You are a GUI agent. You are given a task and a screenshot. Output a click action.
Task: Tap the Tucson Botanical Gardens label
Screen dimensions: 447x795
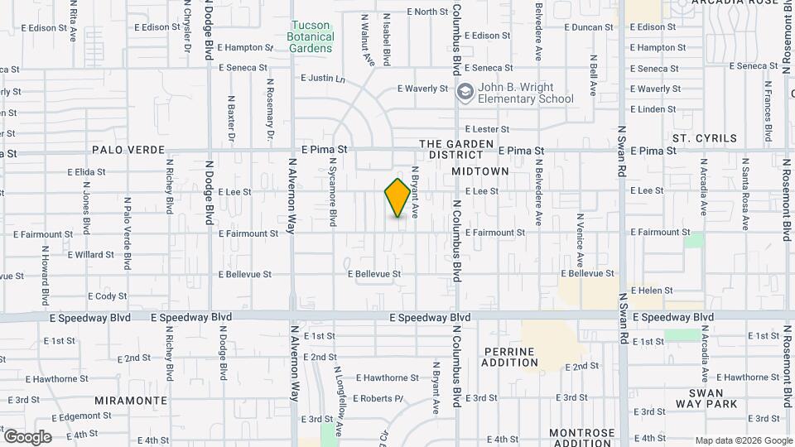click(311, 36)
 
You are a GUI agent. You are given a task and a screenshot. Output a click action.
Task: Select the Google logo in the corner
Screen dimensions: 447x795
click(27, 437)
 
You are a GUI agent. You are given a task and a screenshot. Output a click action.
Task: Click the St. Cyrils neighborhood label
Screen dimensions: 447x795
click(704, 138)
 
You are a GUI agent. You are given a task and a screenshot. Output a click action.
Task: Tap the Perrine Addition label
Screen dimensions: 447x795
click(509, 357)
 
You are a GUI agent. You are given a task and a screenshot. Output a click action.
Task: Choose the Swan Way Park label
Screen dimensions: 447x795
click(706, 398)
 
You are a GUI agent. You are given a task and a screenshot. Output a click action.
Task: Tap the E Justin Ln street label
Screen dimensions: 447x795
click(322, 79)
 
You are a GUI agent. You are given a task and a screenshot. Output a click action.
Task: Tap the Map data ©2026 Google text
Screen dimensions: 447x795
click(743, 440)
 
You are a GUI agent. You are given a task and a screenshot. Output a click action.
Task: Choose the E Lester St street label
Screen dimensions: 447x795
click(487, 129)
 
